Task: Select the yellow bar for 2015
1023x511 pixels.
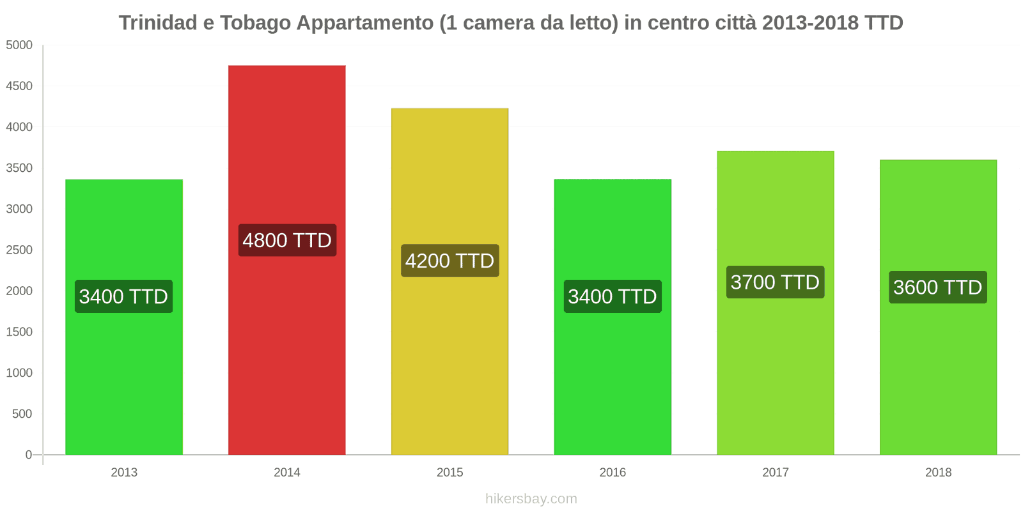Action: (x=449, y=358)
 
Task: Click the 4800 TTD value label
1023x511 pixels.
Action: (x=287, y=240)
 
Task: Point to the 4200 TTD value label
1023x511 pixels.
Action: (x=449, y=261)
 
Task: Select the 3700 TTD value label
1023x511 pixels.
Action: (x=775, y=282)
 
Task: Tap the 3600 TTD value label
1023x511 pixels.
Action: (x=937, y=287)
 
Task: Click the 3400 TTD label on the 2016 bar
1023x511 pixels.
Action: (x=613, y=296)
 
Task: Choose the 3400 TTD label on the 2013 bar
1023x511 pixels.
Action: (x=124, y=296)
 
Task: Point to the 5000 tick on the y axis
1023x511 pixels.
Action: (x=19, y=45)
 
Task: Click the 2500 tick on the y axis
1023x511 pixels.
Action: (x=19, y=250)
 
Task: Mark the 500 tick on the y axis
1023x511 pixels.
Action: (x=22, y=414)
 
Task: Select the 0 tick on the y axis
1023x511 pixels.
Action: (x=28, y=455)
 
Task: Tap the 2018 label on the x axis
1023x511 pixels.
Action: (x=938, y=473)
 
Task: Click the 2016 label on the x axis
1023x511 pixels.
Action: (x=613, y=473)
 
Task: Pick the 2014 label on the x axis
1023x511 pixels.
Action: (x=287, y=473)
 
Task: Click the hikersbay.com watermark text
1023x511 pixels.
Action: (x=531, y=499)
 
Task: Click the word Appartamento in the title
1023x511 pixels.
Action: (x=364, y=23)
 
